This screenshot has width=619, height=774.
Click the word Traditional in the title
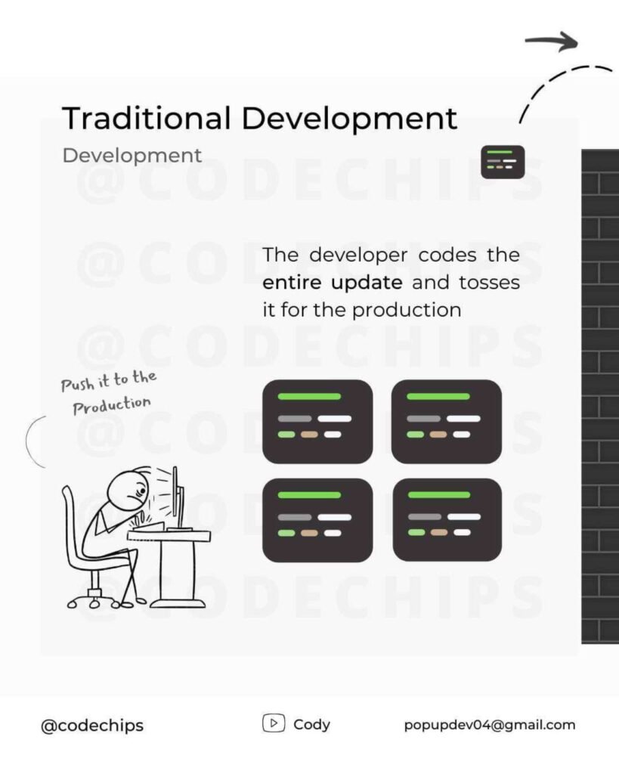point(147,118)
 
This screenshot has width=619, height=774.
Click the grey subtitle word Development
point(132,156)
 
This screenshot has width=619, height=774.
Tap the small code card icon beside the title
point(503,162)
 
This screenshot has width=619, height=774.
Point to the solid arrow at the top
point(551,42)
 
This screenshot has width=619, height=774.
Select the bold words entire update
point(333,283)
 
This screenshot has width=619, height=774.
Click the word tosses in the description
point(489,283)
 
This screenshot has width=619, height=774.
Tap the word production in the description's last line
point(407,311)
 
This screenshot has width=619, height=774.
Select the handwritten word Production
point(112,405)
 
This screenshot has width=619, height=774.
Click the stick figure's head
point(127,489)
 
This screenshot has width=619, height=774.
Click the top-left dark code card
point(317,422)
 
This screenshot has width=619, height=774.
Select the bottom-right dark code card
point(447,520)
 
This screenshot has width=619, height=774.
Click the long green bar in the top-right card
point(438,396)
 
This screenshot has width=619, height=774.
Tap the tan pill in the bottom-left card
point(310,533)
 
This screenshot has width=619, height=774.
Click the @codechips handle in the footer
point(92,726)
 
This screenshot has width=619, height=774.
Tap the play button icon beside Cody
point(274,723)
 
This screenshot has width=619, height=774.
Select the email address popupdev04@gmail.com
point(490,725)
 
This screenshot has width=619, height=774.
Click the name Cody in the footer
point(311,725)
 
